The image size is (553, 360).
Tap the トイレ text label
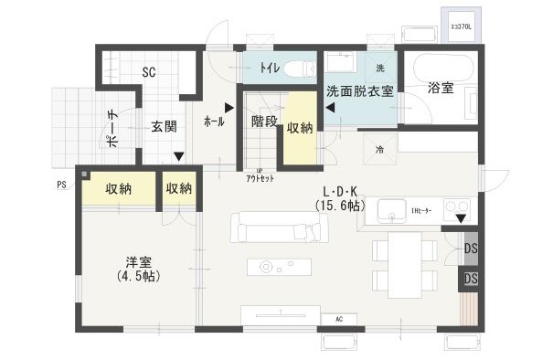pyautogui.click(x=270, y=68)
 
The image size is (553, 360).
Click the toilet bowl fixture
pyautogui.click(x=299, y=69)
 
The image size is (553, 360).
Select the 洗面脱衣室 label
pyautogui.click(x=361, y=90)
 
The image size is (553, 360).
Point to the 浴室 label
pyautogui.click(x=441, y=88)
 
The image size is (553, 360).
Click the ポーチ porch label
pyautogui.click(x=112, y=128)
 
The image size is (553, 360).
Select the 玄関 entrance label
pyautogui.click(x=164, y=126)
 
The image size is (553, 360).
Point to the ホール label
pyautogui.click(x=214, y=120)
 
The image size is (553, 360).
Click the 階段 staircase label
pyautogui.click(x=264, y=122)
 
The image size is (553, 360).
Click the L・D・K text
pyautogui.click(x=339, y=191)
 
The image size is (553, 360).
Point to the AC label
pyautogui.click(x=339, y=319)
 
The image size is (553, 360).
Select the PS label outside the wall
pyautogui.click(x=60, y=184)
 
